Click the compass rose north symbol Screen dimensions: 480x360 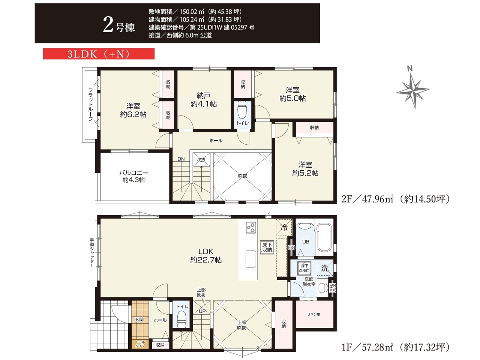412,90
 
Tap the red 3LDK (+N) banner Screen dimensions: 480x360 99,54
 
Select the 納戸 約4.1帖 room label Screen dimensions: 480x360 204,100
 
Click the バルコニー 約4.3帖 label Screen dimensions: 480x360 133,176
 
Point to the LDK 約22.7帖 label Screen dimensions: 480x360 206,255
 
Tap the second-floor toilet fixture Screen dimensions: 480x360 242,109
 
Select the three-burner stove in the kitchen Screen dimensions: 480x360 251,228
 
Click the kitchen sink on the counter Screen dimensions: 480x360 250,259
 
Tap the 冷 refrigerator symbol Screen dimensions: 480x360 284,227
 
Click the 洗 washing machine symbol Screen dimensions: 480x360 325,268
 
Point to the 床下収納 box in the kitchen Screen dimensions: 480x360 267,247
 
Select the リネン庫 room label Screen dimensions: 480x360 313,315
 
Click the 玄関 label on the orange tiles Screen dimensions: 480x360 139,319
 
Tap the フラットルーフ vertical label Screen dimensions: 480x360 90,105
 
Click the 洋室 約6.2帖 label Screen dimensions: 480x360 133,110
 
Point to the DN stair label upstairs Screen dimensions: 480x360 181,159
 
